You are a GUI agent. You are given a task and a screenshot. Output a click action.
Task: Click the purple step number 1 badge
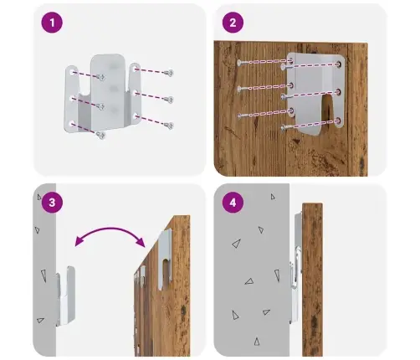pyautogui.click(x=52, y=23)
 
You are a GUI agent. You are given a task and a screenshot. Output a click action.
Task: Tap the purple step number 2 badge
pyautogui.click(x=233, y=23)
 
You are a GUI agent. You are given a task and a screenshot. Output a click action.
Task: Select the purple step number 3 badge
pyautogui.click(x=52, y=203)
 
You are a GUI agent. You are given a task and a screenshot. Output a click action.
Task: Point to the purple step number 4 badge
pyautogui.click(x=233, y=203)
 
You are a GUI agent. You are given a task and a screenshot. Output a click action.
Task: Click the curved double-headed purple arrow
pyautogui.click(x=110, y=229)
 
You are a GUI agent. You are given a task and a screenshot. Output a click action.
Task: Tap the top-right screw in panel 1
pyautogui.click(x=169, y=73)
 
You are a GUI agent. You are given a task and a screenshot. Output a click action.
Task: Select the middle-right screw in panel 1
pyautogui.click(x=169, y=100)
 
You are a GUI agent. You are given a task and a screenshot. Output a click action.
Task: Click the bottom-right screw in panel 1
pyautogui.click(x=169, y=126)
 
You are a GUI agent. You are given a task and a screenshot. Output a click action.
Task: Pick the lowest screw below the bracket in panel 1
pyautogui.click(x=100, y=136)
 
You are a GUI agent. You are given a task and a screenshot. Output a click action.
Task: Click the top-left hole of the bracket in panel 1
pyautogui.click(x=72, y=73)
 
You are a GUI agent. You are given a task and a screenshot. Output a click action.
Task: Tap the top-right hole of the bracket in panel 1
pyautogui.click(x=136, y=68)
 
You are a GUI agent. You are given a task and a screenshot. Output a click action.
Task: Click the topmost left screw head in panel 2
pyautogui.click(x=239, y=63)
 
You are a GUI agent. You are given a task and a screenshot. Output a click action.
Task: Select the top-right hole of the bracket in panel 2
pyautogui.click(x=339, y=64)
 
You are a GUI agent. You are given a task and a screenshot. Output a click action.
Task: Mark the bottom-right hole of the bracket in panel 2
pyautogui.click(x=339, y=121)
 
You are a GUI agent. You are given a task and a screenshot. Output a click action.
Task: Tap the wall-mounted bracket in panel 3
pyautogui.click(x=65, y=296)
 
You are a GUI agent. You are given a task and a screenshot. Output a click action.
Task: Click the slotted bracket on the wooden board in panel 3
pyautogui.click(x=165, y=259)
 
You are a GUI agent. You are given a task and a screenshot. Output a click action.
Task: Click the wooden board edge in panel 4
pyautogui.click(x=313, y=280)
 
